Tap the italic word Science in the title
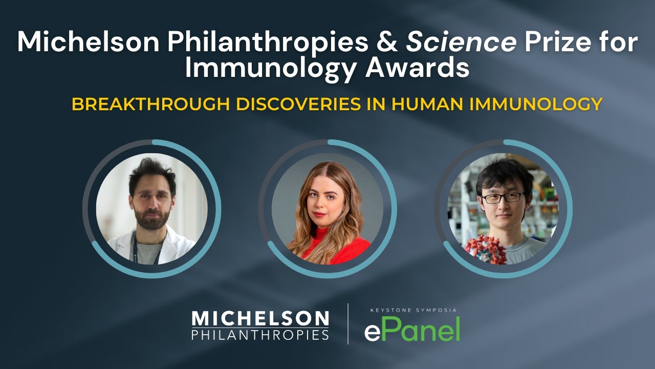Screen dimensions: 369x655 [461, 43]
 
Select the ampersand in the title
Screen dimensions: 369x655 [387, 43]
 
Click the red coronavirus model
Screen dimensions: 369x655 [483, 249]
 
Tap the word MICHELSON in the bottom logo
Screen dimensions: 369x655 [260, 318]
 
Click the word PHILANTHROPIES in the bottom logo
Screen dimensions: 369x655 [260, 335]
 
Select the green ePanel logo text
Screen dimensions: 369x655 [412, 329]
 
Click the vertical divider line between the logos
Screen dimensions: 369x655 [348, 324]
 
